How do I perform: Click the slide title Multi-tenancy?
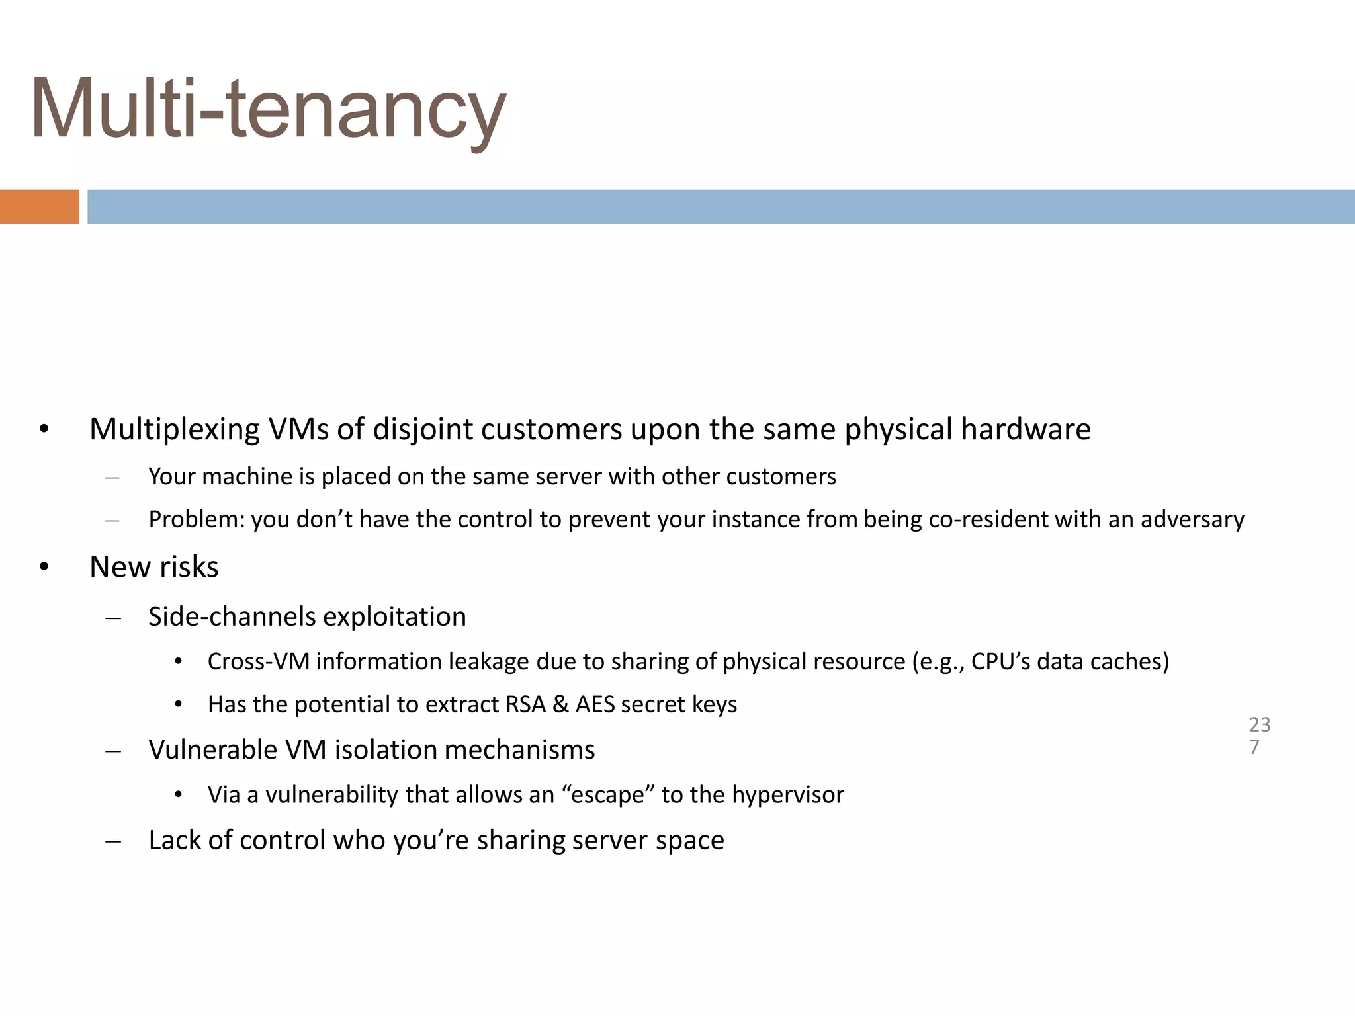tap(268, 109)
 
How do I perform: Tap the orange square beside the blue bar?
tap(39, 206)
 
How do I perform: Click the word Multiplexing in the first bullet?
tap(175, 430)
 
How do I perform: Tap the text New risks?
tap(153, 567)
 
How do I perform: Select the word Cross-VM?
tap(259, 661)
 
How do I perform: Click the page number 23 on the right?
tap(1260, 725)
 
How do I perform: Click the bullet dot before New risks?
tap(44, 568)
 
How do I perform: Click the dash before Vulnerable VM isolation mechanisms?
tap(113, 751)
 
